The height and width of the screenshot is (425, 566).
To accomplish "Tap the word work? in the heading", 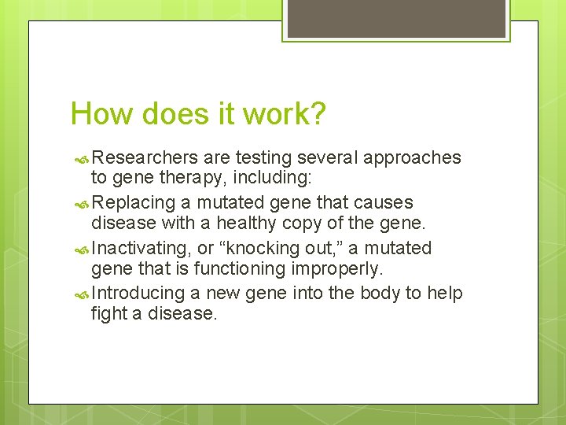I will point(284,114).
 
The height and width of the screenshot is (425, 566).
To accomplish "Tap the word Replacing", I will point(134,203).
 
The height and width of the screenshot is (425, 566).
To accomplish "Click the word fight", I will point(107,313).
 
